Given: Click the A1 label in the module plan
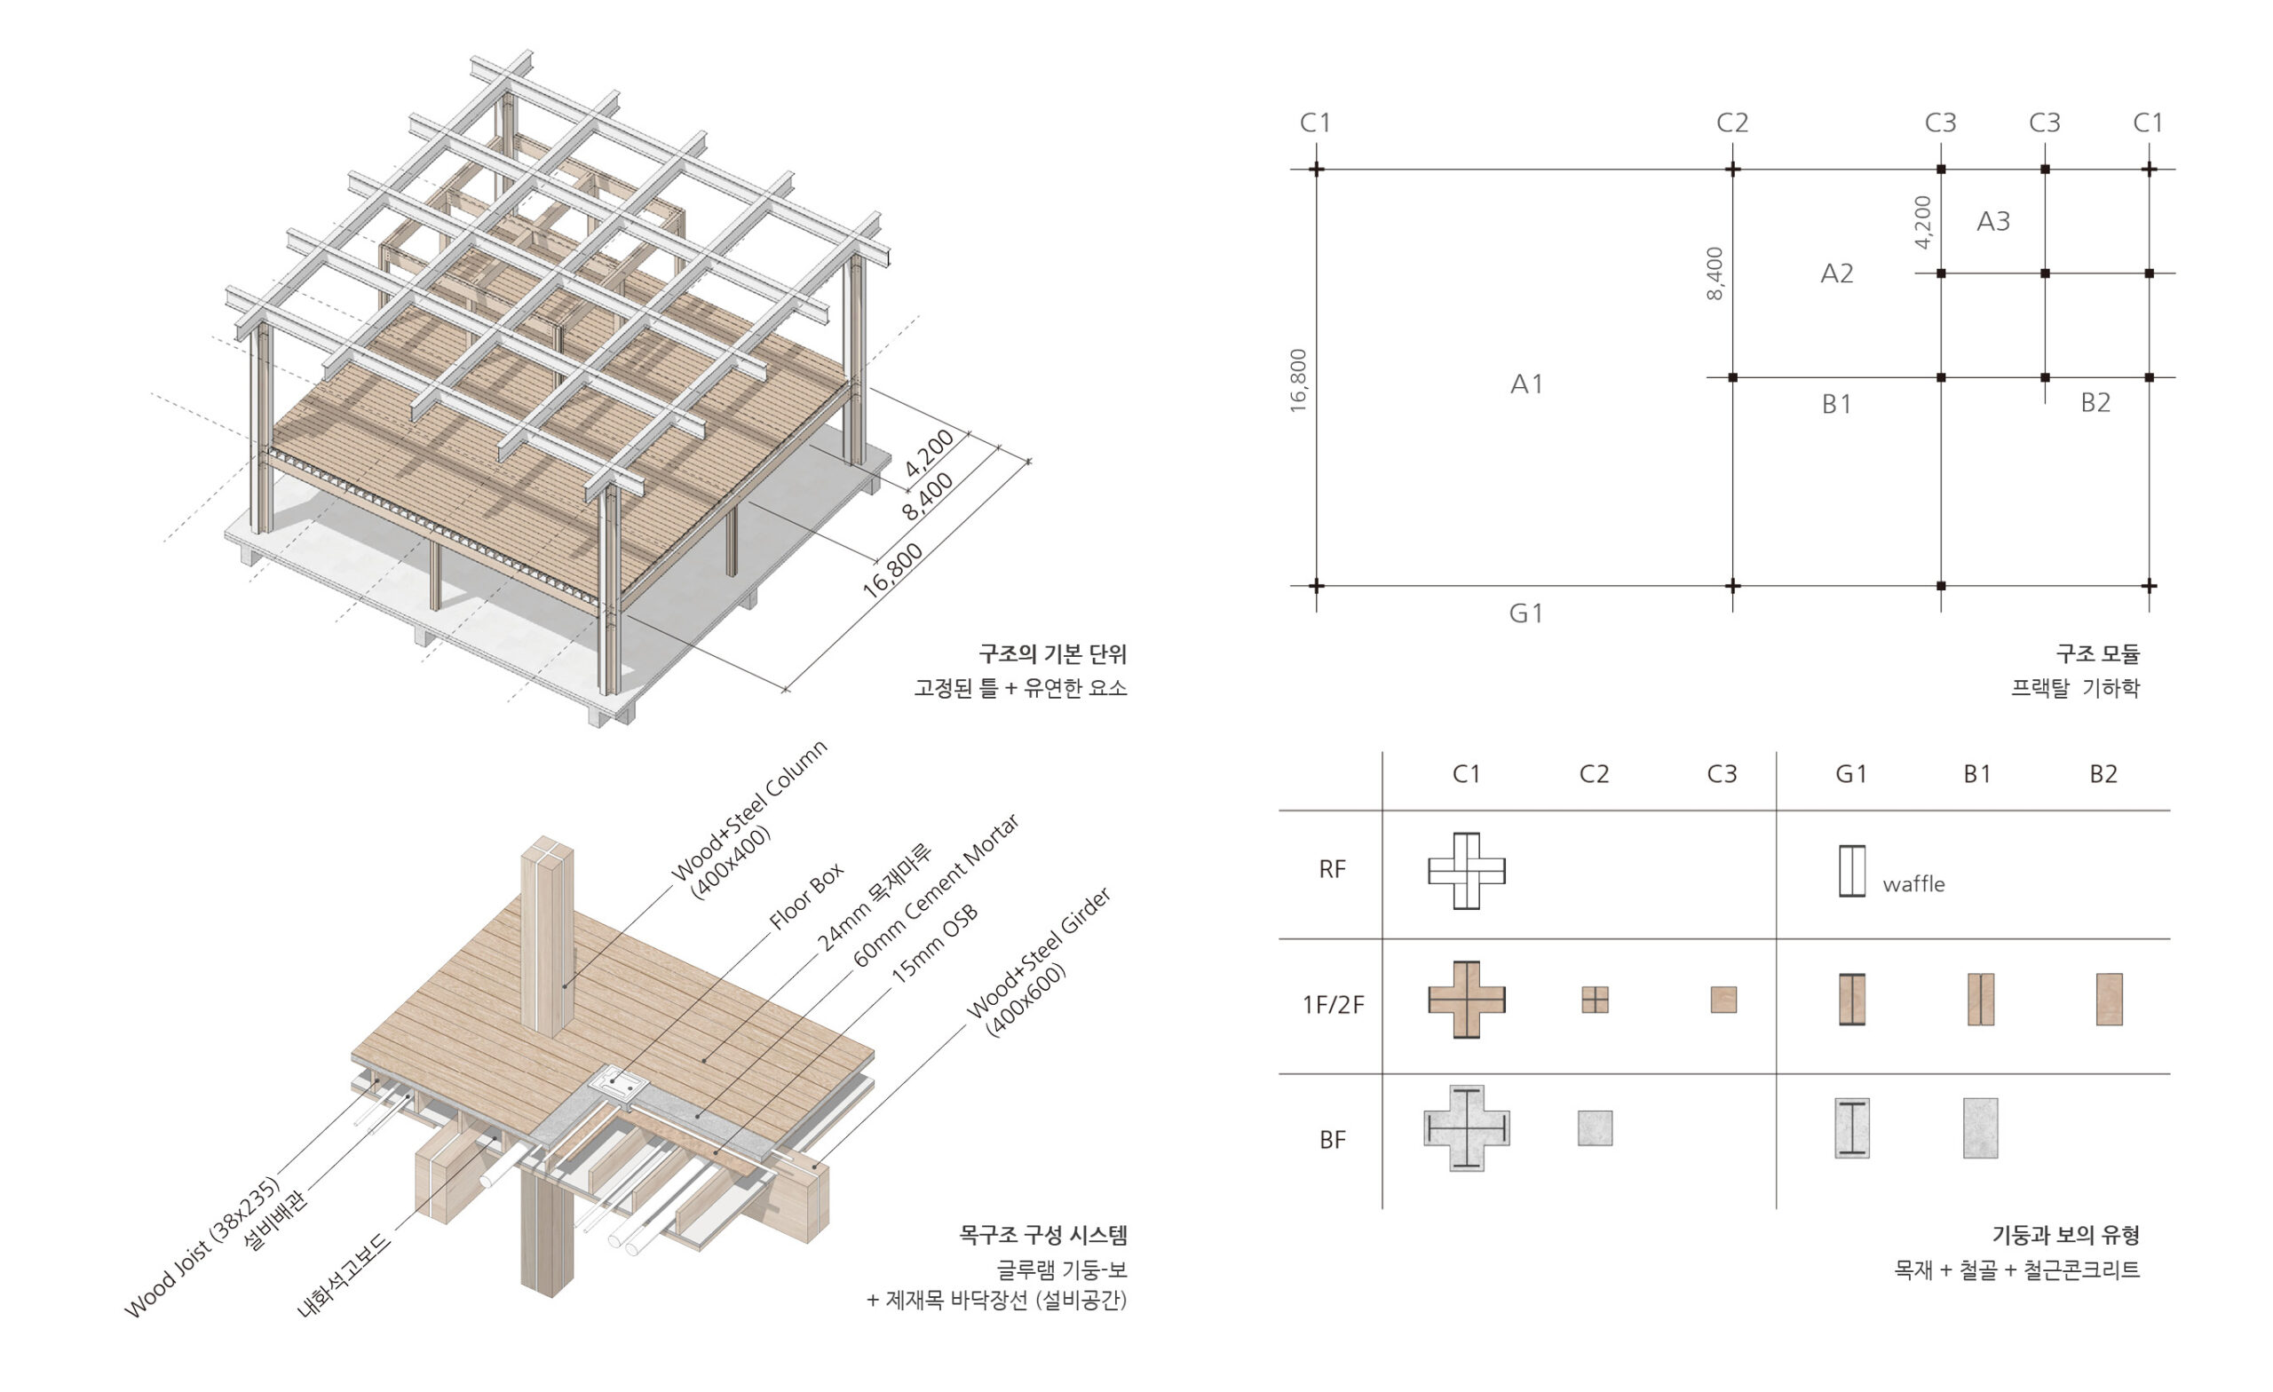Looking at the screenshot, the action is click(1525, 384).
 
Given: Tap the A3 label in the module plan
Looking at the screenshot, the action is click(1992, 221).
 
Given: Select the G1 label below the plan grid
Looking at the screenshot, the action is click(1525, 613).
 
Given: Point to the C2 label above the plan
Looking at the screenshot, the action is click(1731, 123).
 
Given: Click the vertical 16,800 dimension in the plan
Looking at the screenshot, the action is click(1299, 380).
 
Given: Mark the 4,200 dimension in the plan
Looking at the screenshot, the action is click(1922, 222).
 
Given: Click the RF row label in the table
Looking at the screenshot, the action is click(1332, 869).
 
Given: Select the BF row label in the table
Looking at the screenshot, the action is click(1332, 1140).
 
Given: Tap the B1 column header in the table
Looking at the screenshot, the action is click(1976, 774).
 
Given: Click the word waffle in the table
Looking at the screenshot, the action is click(1913, 883).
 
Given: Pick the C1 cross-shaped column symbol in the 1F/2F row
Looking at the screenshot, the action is click(1467, 1000).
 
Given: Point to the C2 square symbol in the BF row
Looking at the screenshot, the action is click(1595, 1128).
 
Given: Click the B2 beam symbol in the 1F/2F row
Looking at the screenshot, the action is click(2109, 999).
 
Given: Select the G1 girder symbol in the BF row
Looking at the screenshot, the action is click(1851, 1128).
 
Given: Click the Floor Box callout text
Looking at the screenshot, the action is click(806, 895).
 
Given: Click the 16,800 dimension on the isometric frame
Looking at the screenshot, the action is click(892, 571).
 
